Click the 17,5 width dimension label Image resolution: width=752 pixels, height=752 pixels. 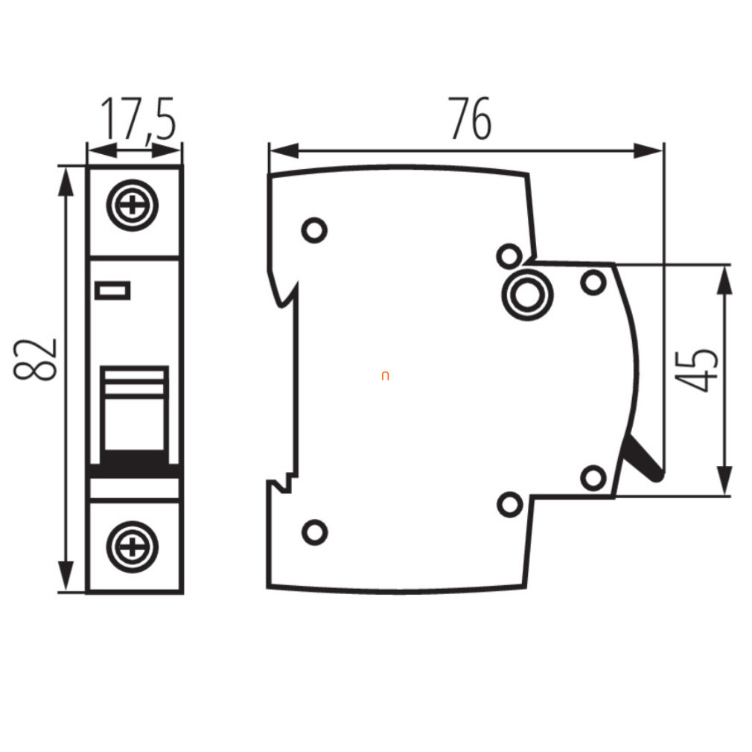coord(138,118)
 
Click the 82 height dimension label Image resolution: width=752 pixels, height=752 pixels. coord(35,360)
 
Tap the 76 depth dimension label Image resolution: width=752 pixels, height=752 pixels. coord(470,118)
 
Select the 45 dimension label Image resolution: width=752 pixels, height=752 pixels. coord(696,370)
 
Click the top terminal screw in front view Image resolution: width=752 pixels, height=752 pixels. coord(133,205)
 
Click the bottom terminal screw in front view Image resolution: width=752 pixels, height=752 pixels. coord(133,547)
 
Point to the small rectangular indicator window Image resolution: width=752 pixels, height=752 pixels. coord(112,290)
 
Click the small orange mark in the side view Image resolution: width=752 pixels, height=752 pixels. coord(385,376)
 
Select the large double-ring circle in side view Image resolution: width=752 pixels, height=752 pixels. coord(528,294)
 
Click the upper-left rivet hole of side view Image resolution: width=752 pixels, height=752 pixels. coord(315,230)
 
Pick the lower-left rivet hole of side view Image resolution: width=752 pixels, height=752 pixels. coord(315,532)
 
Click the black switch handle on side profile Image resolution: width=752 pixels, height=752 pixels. coord(643,459)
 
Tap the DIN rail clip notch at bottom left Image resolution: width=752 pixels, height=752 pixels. coord(283,485)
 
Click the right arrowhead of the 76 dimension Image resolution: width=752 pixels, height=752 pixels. coord(648,150)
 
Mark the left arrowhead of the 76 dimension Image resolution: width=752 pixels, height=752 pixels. coord(284,150)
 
